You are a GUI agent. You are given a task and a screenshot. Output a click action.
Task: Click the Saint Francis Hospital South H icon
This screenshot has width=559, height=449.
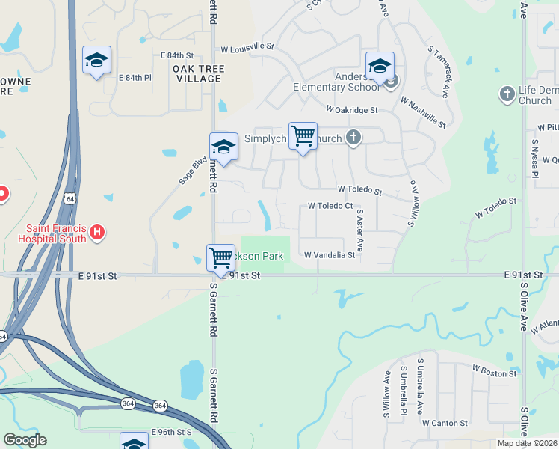pyautogui.click(x=96, y=233)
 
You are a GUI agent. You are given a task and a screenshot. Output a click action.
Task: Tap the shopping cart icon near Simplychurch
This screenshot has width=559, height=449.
pyautogui.click(x=303, y=137)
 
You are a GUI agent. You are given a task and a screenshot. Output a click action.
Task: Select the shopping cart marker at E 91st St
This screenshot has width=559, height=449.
pyautogui.click(x=220, y=258)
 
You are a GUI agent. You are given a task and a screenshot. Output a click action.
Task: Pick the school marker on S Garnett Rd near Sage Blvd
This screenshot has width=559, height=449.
pyautogui.click(x=223, y=147)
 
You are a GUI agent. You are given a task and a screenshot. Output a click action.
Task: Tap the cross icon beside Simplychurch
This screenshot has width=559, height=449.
pyautogui.click(x=353, y=138)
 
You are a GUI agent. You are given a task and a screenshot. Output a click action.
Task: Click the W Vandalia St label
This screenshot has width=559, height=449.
pyautogui.click(x=330, y=255)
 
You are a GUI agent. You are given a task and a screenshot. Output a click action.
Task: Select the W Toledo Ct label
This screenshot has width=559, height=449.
pyautogui.click(x=330, y=206)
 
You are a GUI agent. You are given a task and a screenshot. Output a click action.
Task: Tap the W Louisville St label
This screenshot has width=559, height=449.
pyautogui.click(x=247, y=47)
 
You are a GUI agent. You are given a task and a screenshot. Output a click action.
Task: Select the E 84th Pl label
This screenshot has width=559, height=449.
pyautogui.click(x=135, y=78)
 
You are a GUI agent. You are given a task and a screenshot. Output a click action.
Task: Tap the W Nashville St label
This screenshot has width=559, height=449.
pyautogui.click(x=422, y=112)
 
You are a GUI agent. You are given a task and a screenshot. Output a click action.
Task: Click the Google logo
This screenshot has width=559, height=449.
pyautogui.click(x=25, y=440)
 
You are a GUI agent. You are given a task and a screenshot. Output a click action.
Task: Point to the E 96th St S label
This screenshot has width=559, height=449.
pyautogui.click(x=172, y=433)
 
